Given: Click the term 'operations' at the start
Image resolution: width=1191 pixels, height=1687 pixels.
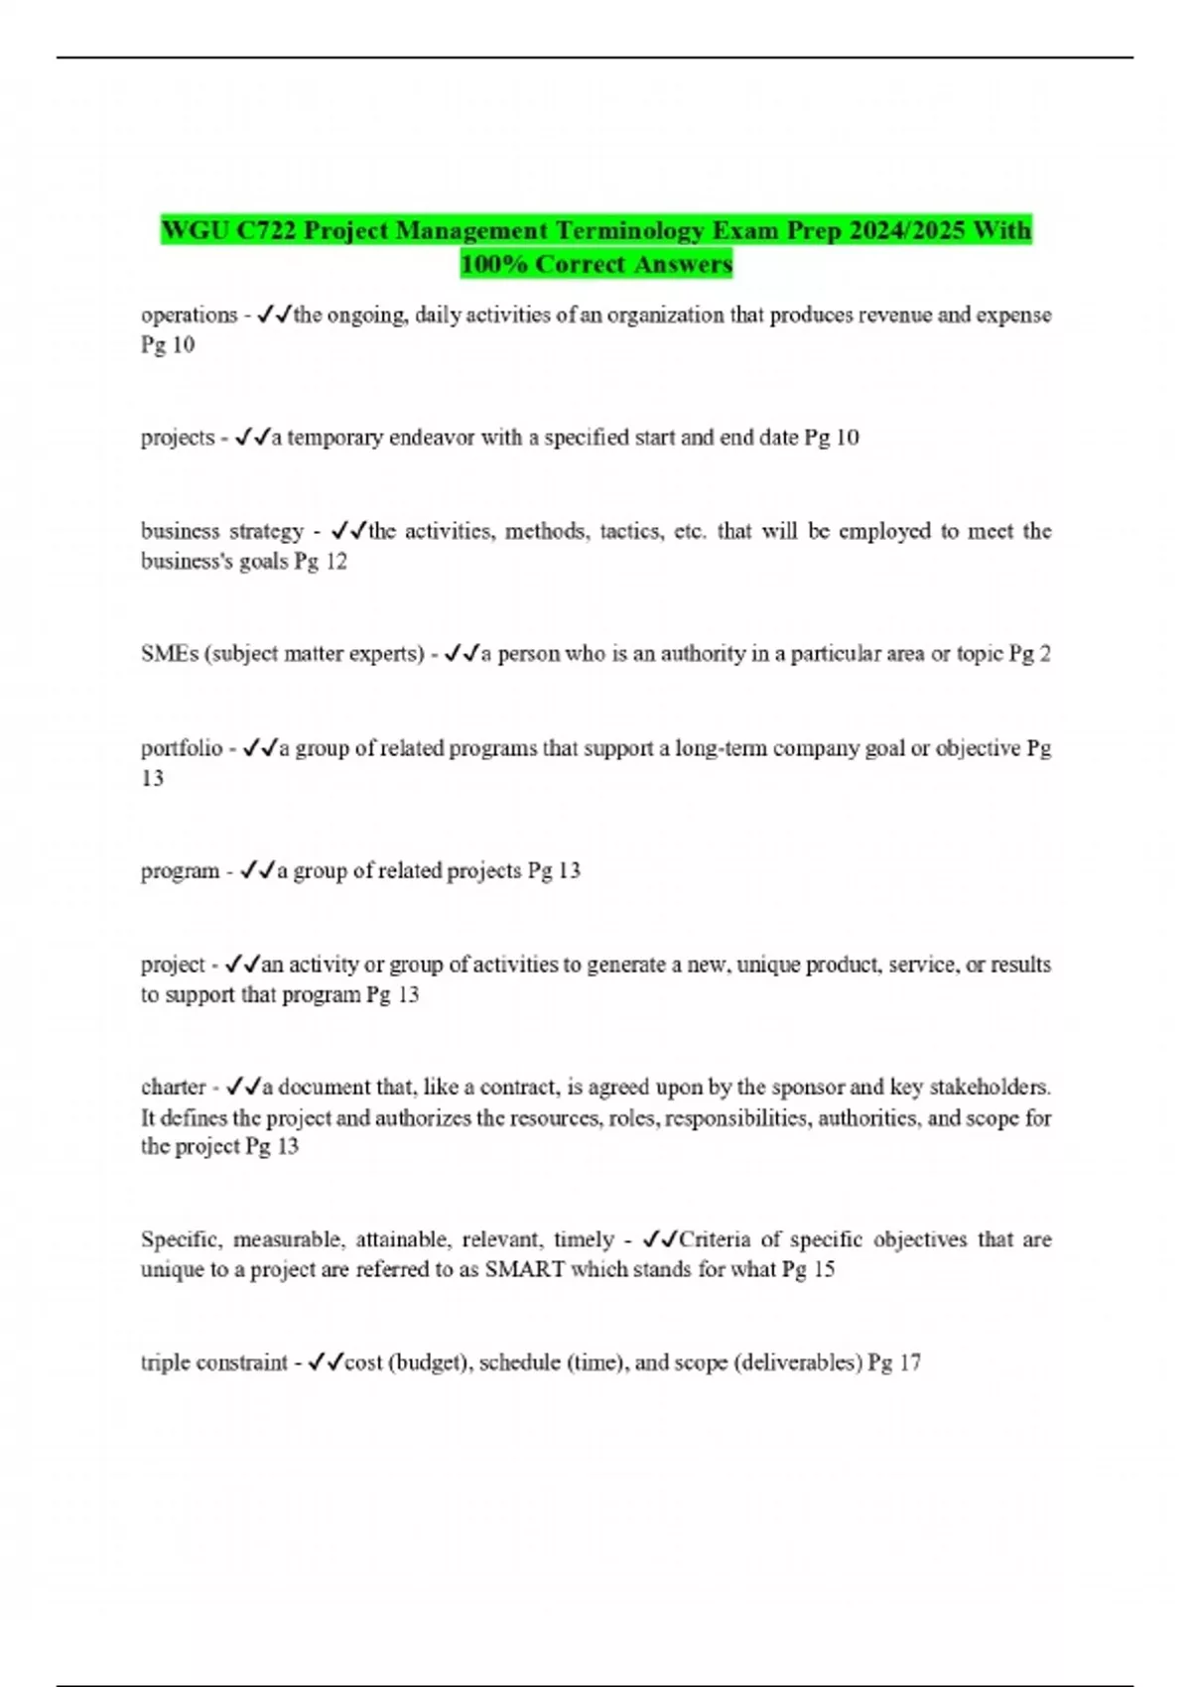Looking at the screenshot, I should (189, 316).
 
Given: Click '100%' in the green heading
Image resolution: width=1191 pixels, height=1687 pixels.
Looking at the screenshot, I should (493, 265).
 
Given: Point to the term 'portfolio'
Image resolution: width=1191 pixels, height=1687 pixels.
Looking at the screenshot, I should (182, 749).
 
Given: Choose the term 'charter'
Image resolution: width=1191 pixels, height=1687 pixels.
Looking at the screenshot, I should (174, 1088).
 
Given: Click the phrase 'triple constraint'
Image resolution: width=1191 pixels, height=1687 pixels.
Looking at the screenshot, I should (213, 1363).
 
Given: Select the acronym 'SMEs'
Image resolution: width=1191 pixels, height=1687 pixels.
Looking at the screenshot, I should (170, 654).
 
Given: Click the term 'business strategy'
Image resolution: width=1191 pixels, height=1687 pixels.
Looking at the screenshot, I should (222, 532).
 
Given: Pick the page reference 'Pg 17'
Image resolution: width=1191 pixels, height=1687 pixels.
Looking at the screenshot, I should (894, 1363).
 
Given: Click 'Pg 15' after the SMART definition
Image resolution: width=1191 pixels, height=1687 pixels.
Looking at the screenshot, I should (808, 1269).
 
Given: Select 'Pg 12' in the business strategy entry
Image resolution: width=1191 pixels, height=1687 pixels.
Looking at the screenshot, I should (321, 562).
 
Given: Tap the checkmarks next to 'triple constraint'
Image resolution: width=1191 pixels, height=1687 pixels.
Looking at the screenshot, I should (326, 1363).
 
